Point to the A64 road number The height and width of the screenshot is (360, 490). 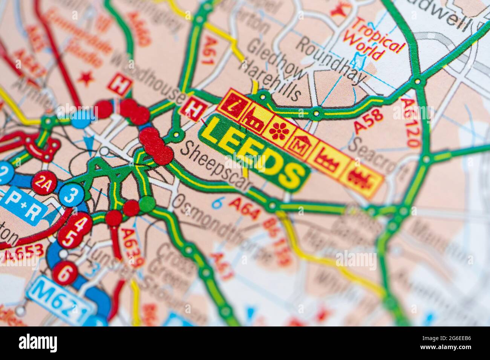point(245,209)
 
